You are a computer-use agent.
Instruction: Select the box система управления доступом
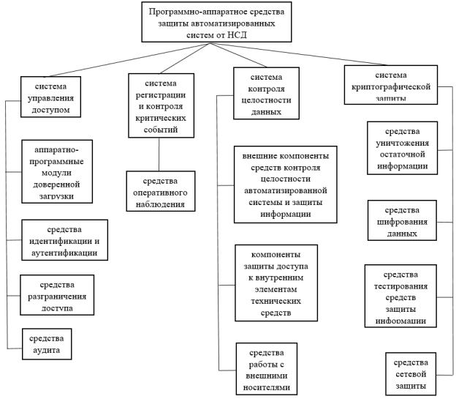50,94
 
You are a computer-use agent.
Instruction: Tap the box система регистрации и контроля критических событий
161,105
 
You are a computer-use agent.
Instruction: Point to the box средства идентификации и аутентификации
64,239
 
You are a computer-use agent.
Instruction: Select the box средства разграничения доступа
58,295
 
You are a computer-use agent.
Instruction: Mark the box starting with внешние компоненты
285,184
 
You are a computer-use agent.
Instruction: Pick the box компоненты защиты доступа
275,283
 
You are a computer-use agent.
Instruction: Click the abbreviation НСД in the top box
248,34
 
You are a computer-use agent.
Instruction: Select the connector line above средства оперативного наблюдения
159,154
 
